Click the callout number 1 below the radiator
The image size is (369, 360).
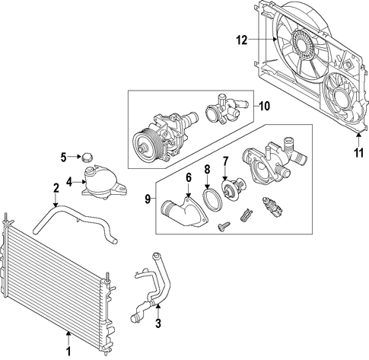tap(68, 351)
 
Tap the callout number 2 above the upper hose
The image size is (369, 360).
tap(56, 188)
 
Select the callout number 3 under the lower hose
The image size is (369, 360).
tap(158, 323)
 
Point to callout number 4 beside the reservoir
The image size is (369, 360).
tap(69, 182)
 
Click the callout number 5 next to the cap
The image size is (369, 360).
tap(63, 157)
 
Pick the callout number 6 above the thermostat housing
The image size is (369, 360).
tap(189, 177)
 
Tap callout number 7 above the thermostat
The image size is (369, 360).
tap(225, 161)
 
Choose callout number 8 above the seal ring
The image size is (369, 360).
tap(207, 170)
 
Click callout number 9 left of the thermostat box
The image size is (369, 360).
tap(148, 199)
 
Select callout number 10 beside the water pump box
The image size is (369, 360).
tap(265, 106)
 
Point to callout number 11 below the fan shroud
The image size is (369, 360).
tap(358, 153)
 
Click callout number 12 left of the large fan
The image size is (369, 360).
tap(242, 40)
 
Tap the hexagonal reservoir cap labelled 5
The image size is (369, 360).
tap(87, 158)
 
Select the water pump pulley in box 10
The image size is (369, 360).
tap(144, 147)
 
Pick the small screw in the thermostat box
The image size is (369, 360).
tap(224, 226)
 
